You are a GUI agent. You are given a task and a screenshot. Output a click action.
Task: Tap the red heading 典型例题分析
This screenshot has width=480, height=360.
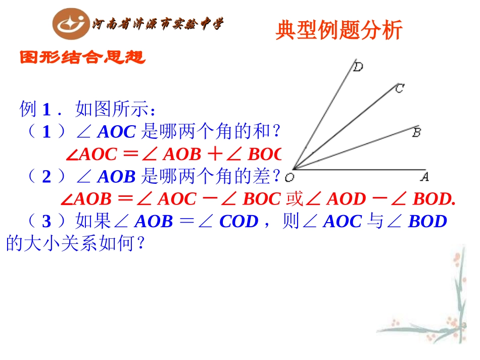tap(339, 30)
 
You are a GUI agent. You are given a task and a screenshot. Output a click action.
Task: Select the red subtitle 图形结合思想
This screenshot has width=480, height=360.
tap(82, 58)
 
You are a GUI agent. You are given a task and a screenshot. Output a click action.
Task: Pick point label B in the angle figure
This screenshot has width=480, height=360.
tap(417, 133)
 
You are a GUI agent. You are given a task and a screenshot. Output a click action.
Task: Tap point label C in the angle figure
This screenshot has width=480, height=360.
tap(399, 89)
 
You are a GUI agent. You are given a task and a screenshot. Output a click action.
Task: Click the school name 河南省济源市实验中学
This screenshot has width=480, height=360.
tap(157, 24)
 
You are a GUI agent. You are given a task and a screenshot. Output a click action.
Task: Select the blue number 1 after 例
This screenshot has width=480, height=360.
tap(47, 109)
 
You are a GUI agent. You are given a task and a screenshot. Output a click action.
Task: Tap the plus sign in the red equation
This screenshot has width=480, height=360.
tap(216, 153)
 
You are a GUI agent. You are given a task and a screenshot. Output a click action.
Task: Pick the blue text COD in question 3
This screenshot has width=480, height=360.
tap(239, 222)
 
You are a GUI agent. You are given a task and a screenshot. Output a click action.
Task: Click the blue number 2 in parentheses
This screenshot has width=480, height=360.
tap(47, 176)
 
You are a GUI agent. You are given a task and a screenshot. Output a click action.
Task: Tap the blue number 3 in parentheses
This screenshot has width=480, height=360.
tap(47, 222)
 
